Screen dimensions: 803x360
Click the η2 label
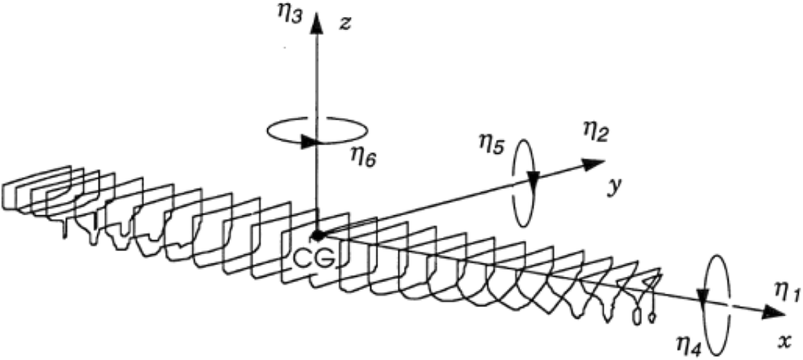(592, 131)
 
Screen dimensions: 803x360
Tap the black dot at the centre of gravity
(318, 235)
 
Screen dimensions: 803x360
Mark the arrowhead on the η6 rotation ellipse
(309, 142)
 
